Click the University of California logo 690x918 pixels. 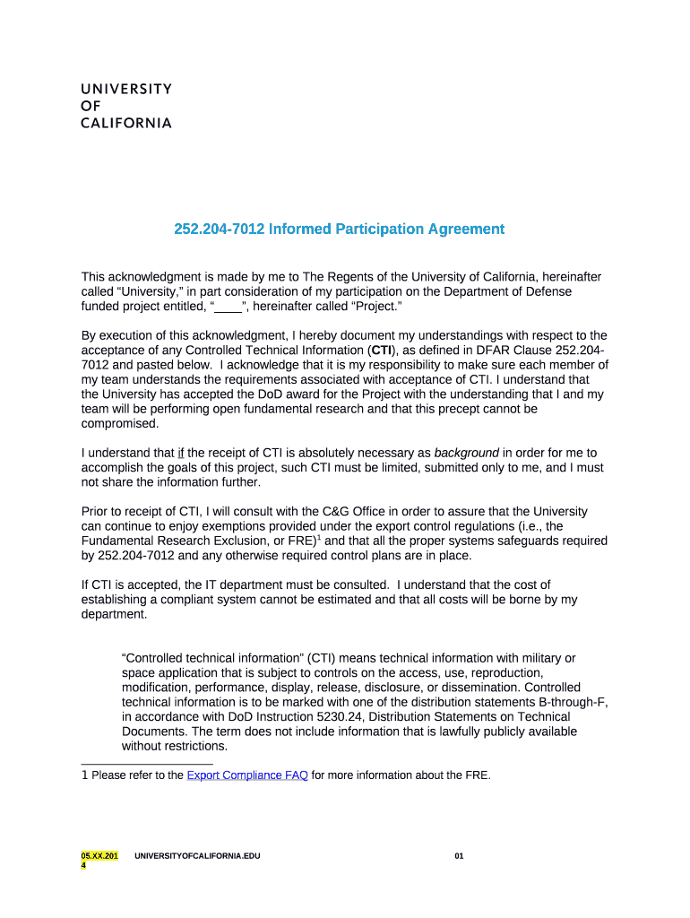126,107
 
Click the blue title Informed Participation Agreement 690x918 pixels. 339,229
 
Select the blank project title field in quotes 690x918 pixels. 229,307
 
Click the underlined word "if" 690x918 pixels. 180,453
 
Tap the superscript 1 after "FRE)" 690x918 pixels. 320,538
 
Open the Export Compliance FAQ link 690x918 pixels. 247,775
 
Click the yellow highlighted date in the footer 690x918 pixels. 99,861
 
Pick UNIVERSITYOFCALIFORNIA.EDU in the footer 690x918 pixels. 197,857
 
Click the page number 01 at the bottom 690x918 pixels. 459,857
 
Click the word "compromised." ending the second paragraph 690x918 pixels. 119,424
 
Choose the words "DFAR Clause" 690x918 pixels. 515,351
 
